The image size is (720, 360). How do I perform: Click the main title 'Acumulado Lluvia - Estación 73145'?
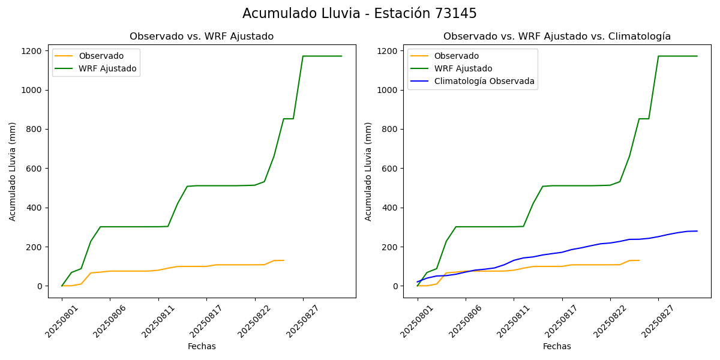359,14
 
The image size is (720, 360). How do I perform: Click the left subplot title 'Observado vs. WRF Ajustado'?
202,37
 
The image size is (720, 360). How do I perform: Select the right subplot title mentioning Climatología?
557,37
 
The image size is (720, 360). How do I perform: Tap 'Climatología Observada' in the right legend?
484,81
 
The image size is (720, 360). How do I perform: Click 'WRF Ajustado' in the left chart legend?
107,68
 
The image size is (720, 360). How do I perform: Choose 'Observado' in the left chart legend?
101,56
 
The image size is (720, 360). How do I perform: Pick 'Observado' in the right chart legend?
457,56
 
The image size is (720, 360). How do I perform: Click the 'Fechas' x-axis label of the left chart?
202,346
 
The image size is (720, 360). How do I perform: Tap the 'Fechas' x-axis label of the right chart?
557,346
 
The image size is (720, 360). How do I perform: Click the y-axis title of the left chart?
13,171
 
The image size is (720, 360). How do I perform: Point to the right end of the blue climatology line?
697,231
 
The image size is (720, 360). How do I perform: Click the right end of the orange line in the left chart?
284,260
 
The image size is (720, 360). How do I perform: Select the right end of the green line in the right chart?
697,56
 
